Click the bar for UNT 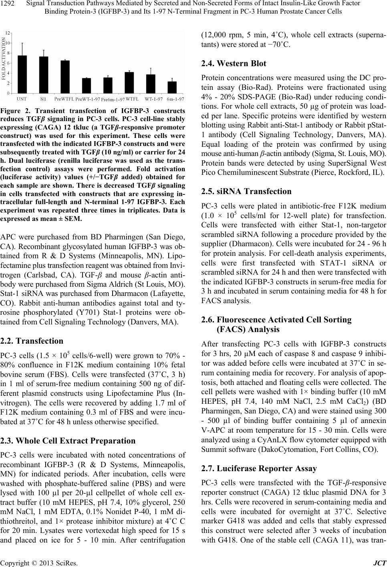22,75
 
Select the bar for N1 44,75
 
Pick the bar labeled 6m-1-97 172,87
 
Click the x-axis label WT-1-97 153,98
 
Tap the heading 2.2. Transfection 32,341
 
